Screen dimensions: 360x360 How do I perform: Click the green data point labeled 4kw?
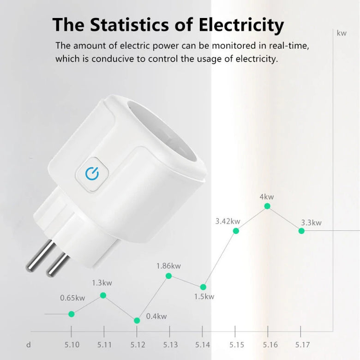(268, 206)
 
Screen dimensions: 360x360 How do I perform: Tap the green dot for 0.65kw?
(72, 314)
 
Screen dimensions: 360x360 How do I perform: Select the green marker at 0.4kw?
(137, 320)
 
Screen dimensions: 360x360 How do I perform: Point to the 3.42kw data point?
(236, 230)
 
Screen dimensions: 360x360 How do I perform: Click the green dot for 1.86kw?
(169, 276)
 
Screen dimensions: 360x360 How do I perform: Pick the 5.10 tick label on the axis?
(72, 344)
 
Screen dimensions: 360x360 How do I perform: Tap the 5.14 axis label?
(203, 344)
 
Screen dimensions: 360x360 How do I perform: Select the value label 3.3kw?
(311, 223)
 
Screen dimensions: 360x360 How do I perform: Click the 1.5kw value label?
(204, 297)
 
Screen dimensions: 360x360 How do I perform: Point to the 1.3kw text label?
(102, 283)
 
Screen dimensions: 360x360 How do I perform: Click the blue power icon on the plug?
(92, 173)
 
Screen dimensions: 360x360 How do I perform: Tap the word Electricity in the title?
(241, 24)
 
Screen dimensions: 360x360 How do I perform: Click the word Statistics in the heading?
(134, 24)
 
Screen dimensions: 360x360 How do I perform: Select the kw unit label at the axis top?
(342, 33)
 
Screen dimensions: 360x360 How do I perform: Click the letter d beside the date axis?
(29, 344)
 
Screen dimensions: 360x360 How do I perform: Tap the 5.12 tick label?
(137, 344)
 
